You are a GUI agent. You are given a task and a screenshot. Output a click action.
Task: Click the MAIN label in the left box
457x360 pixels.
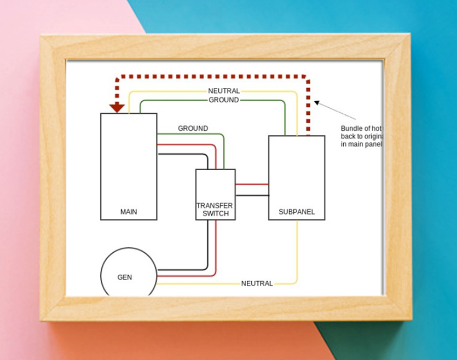129,212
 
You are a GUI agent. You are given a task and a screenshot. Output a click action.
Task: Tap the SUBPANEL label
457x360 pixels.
297,212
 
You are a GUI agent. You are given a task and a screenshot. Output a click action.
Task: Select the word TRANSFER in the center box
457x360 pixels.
215,206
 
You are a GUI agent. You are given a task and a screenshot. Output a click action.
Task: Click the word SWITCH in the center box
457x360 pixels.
215,213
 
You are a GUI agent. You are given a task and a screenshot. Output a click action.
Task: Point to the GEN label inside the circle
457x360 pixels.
125,277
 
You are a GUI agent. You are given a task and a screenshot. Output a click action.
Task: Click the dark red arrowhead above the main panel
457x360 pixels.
117,107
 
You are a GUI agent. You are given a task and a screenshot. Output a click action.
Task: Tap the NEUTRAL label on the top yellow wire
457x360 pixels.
224,91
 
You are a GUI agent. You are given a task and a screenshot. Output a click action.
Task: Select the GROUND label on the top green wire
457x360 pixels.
224,100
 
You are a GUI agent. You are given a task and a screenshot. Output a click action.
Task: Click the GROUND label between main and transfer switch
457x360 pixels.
193,129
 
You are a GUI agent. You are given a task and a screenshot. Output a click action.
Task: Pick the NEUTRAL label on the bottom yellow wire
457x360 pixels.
257,283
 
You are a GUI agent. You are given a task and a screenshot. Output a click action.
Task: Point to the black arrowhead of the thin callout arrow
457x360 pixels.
317,102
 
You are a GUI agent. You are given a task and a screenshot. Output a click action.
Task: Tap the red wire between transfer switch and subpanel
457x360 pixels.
252,184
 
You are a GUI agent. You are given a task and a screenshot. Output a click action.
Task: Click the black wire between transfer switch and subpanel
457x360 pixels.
252,195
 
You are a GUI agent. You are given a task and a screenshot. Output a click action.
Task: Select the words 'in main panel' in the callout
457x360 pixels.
360,144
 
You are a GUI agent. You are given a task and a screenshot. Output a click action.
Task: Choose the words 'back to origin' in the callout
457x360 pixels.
360,136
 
